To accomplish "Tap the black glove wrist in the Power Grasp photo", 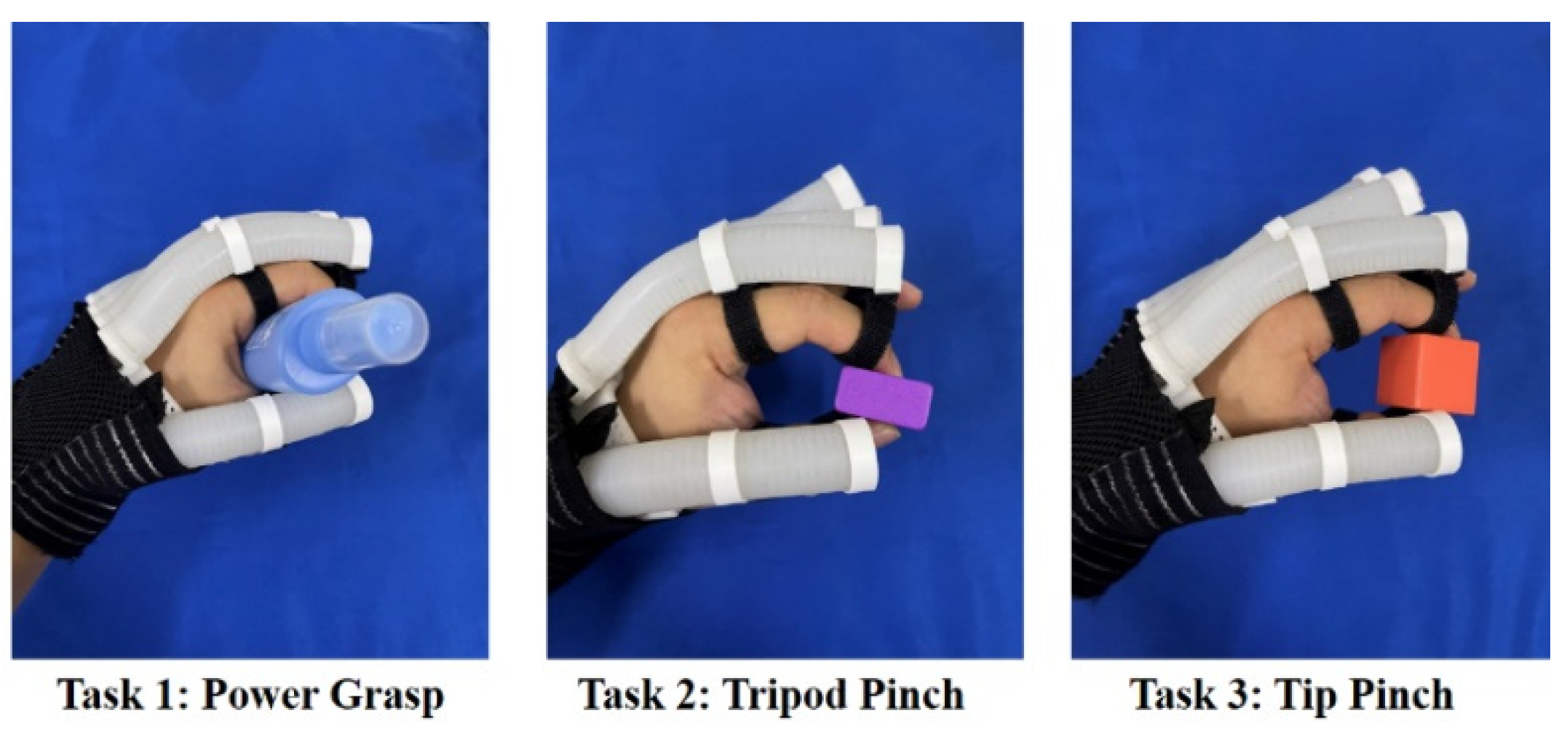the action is click(x=80, y=466).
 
